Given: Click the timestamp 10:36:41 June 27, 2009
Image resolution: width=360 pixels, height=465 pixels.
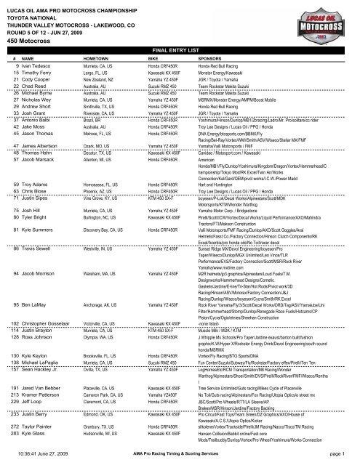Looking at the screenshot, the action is tap(48, 453).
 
